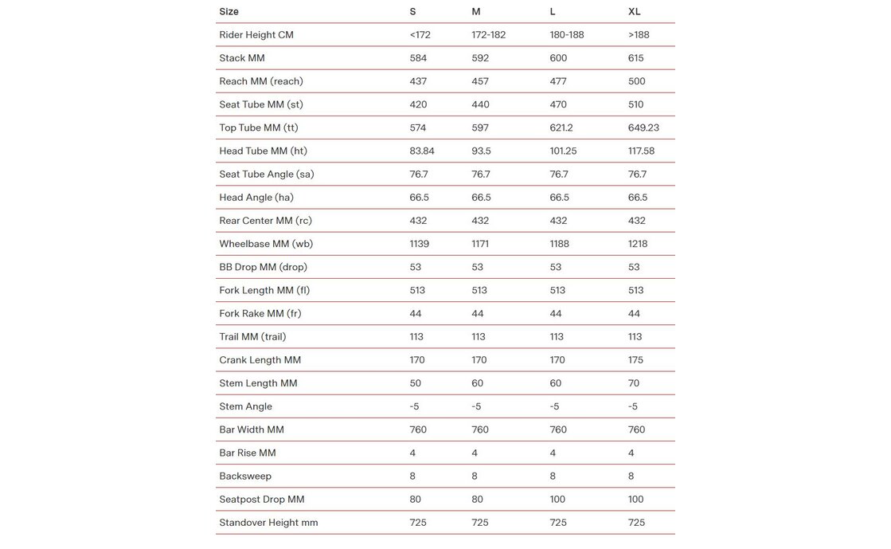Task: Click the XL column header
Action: [x=634, y=12]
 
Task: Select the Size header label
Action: [x=229, y=12]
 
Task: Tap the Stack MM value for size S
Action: [x=418, y=58]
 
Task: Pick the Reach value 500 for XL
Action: [x=636, y=81]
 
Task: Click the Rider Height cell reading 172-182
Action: [x=488, y=35]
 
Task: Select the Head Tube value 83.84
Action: [x=422, y=151]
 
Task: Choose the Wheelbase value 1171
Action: [x=480, y=244]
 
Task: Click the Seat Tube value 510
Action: [x=635, y=104]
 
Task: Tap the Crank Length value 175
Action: [x=635, y=360]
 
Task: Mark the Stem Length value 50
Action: [x=416, y=383]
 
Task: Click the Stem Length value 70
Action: [x=633, y=383]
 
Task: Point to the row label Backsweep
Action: [x=245, y=476]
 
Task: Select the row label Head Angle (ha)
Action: [x=256, y=198]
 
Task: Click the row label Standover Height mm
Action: [x=268, y=523]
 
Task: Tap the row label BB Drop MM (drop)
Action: [x=263, y=267]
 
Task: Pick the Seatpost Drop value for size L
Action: [x=557, y=500]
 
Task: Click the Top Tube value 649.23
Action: [x=643, y=127]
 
